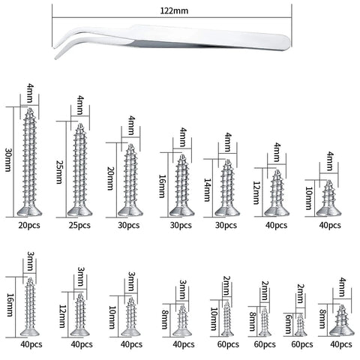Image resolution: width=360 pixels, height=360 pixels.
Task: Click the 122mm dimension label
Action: click(174, 10)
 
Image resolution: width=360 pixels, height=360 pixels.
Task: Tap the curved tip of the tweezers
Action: click(55, 58)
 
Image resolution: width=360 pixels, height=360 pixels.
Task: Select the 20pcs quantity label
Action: click(29, 225)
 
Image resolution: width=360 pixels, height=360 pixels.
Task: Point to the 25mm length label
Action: click(59, 172)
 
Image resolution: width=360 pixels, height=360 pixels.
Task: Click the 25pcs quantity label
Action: click(79, 225)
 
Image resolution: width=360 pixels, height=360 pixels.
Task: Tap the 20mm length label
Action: click(110, 178)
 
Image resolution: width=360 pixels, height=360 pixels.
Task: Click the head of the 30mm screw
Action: click(30, 211)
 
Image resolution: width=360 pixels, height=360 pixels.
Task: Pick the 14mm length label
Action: click(207, 190)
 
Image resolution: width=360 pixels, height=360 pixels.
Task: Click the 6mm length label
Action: click(288, 324)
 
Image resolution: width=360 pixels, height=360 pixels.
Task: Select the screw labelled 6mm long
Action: click(300, 325)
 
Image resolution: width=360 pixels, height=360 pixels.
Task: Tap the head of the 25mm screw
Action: click(80, 211)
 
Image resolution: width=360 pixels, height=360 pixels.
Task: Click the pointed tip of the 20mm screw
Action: click(130, 145)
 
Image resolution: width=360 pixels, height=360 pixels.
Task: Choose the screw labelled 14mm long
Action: click(227, 188)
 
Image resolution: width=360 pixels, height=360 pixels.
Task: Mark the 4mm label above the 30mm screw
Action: click(30, 94)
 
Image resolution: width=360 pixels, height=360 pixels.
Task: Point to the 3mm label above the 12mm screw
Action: click(81, 277)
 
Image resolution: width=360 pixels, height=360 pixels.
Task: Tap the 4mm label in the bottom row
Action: click(343, 287)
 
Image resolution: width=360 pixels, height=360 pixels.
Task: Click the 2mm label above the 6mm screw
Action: click(301, 294)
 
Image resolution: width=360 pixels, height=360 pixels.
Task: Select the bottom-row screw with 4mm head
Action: click(342, 320)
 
